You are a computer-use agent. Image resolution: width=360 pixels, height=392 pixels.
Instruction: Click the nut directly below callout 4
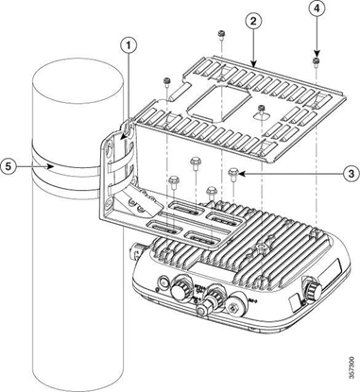point(313,61)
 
